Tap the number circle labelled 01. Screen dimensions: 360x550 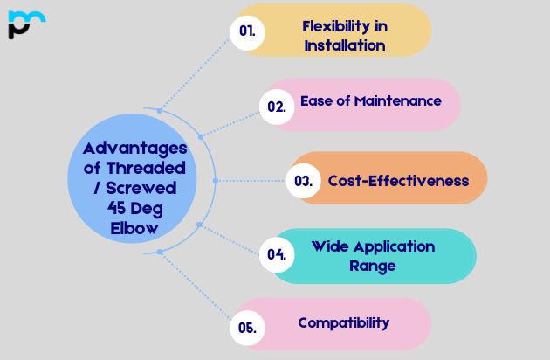click(x=247, y=31)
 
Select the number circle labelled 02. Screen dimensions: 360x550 click(x=277, y=107)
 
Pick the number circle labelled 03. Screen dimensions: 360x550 click(x=304, y=182)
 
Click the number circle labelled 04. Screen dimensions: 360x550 click(x=277, y=255)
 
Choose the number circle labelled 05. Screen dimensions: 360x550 click(x=247, y=329)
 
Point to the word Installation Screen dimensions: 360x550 click(x=344, y=45)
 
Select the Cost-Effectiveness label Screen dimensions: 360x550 click(x=398, y=181)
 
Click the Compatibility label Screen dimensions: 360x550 click(x=343, y=322)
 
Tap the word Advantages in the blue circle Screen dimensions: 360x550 click(x=128, y=148)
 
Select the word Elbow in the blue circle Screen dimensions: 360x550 click(x=128, y=227)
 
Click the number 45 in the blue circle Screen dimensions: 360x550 click(x=96, y=207)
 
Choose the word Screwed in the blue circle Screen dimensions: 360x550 click(x=141, y=187)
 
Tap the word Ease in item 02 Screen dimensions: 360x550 click(x=318, y=100)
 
